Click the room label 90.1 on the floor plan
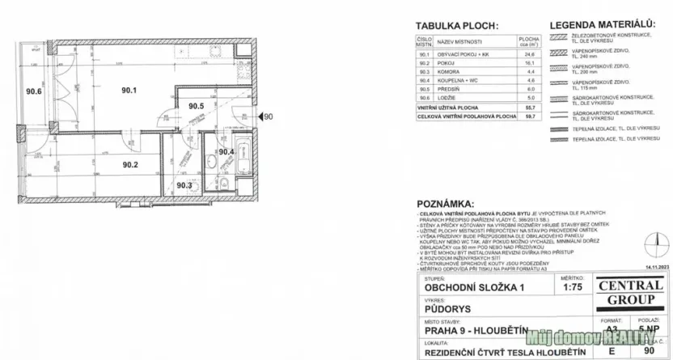click(x=130, y=91)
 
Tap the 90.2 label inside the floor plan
click(x=130, y=165)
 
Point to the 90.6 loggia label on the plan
click(x=33, y=91)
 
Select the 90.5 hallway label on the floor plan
click(x=196, y=106)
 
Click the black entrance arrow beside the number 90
click(x=259, y=118)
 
